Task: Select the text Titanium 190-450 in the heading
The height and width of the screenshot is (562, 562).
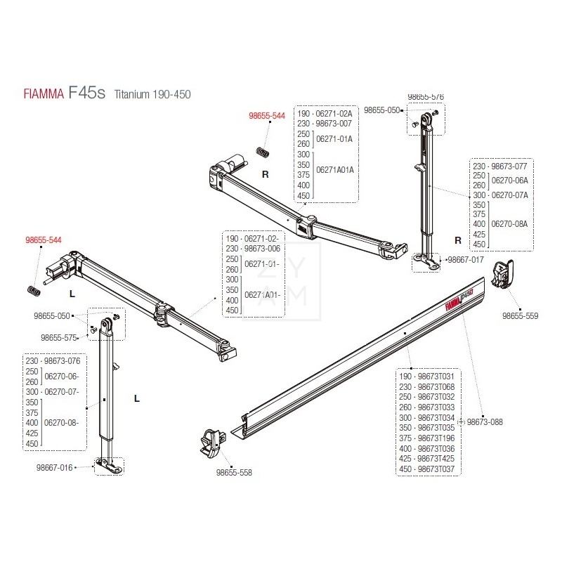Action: (x=152, y=95)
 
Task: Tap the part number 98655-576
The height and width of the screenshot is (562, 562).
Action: (x=426, y=97)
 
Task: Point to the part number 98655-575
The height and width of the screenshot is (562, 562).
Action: (x=59, y=337)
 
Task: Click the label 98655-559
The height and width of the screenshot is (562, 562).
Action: (x=520, y=316)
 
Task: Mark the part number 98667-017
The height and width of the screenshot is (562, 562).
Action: (x=466, y=259)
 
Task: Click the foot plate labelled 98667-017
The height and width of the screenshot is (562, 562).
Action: (x=426, y=261)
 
